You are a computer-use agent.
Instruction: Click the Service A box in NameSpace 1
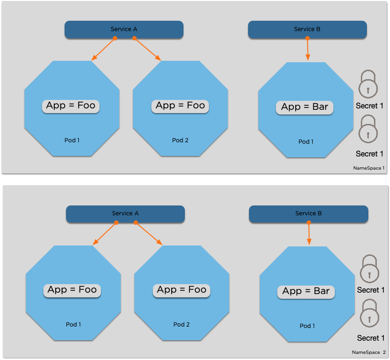124,29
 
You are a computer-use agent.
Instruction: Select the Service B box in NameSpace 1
307,29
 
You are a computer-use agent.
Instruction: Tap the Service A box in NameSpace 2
125,213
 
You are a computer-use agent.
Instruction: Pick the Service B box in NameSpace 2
308,213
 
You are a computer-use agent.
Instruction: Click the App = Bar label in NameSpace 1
305,107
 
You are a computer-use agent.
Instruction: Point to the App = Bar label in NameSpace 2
306,291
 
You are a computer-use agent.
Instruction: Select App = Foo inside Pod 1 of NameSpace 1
71,105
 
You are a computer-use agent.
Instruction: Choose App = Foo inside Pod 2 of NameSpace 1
180,105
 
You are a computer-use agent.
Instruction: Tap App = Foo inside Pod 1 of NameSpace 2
72,289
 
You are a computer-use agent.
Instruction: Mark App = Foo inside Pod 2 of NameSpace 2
182,289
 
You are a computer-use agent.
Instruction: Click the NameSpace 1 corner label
369,168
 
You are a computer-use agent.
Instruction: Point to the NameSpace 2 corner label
369,352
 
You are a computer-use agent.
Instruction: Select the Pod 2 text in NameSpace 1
180,140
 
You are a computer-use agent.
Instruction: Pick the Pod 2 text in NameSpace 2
182,324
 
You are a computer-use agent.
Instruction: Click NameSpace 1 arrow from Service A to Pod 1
103,49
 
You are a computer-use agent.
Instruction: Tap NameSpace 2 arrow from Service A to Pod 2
149,233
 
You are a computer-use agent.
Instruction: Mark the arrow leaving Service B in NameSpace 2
309,233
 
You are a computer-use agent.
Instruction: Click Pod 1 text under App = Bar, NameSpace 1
306,141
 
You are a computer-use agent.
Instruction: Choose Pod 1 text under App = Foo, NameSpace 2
74,324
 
